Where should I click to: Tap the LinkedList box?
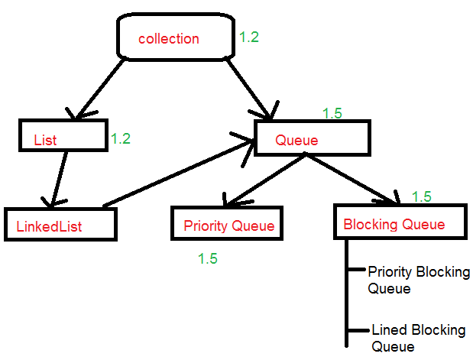tap(60, 223)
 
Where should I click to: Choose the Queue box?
tap(312, 138)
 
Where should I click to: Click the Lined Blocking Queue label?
tap(417, 338)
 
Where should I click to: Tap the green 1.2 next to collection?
tap(249, 37)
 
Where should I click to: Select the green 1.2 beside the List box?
tap(121, 138)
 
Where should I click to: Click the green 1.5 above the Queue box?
tap(332, 113)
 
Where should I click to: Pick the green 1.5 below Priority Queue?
tap(207, 258)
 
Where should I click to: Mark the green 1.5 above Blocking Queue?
tap(421, 196)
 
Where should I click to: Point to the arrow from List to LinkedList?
tap(58, 177)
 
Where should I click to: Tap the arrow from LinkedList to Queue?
tap(180, 172)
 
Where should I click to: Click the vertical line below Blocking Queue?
tap(347, 298)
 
